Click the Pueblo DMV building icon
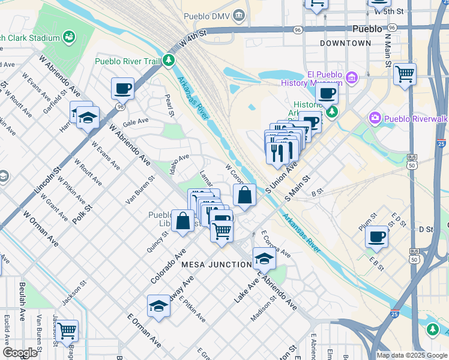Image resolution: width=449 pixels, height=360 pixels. pyautogui.click(x=240, y=14)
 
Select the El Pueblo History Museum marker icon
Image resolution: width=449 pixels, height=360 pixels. pyautogui.click(x=351, y=77)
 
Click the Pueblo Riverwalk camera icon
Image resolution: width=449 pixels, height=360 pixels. pyautogui.click(x=375, y=118)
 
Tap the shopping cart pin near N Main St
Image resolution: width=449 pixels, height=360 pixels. pyautogui.click(x=405, y=74)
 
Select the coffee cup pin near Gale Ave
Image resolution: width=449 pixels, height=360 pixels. pyautogui.click(x=122, y=89)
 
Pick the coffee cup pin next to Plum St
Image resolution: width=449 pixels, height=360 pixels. pyautogui.click(x=377, y=236)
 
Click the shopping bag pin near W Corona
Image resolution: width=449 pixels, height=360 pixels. pyautogui.click(x=244, y=195)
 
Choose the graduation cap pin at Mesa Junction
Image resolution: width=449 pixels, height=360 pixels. pyautogui.click(x=264, y=259)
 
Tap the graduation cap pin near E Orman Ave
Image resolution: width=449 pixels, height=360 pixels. pyautogui.click(x=158, y=306)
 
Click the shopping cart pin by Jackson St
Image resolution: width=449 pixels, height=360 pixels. pyautogui.click(x=67, y=331)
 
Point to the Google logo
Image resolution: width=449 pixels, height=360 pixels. pyautogui.click(x=20, y=352)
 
